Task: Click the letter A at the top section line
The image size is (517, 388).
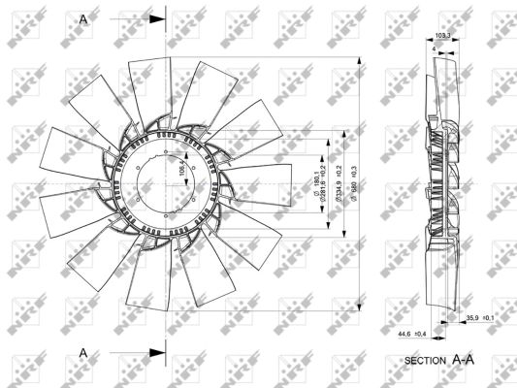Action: (x=83, y=18)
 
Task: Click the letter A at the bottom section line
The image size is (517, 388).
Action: (x=83, y=352)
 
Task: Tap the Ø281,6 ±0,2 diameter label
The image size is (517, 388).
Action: (x=327, y=181)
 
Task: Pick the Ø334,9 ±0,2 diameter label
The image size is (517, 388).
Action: (x=339, y=181)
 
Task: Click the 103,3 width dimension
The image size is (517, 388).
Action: (x=443, y=36)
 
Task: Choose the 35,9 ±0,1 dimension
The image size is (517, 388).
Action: (x=480, y=318)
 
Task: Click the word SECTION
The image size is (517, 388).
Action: (x=424, y=361)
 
